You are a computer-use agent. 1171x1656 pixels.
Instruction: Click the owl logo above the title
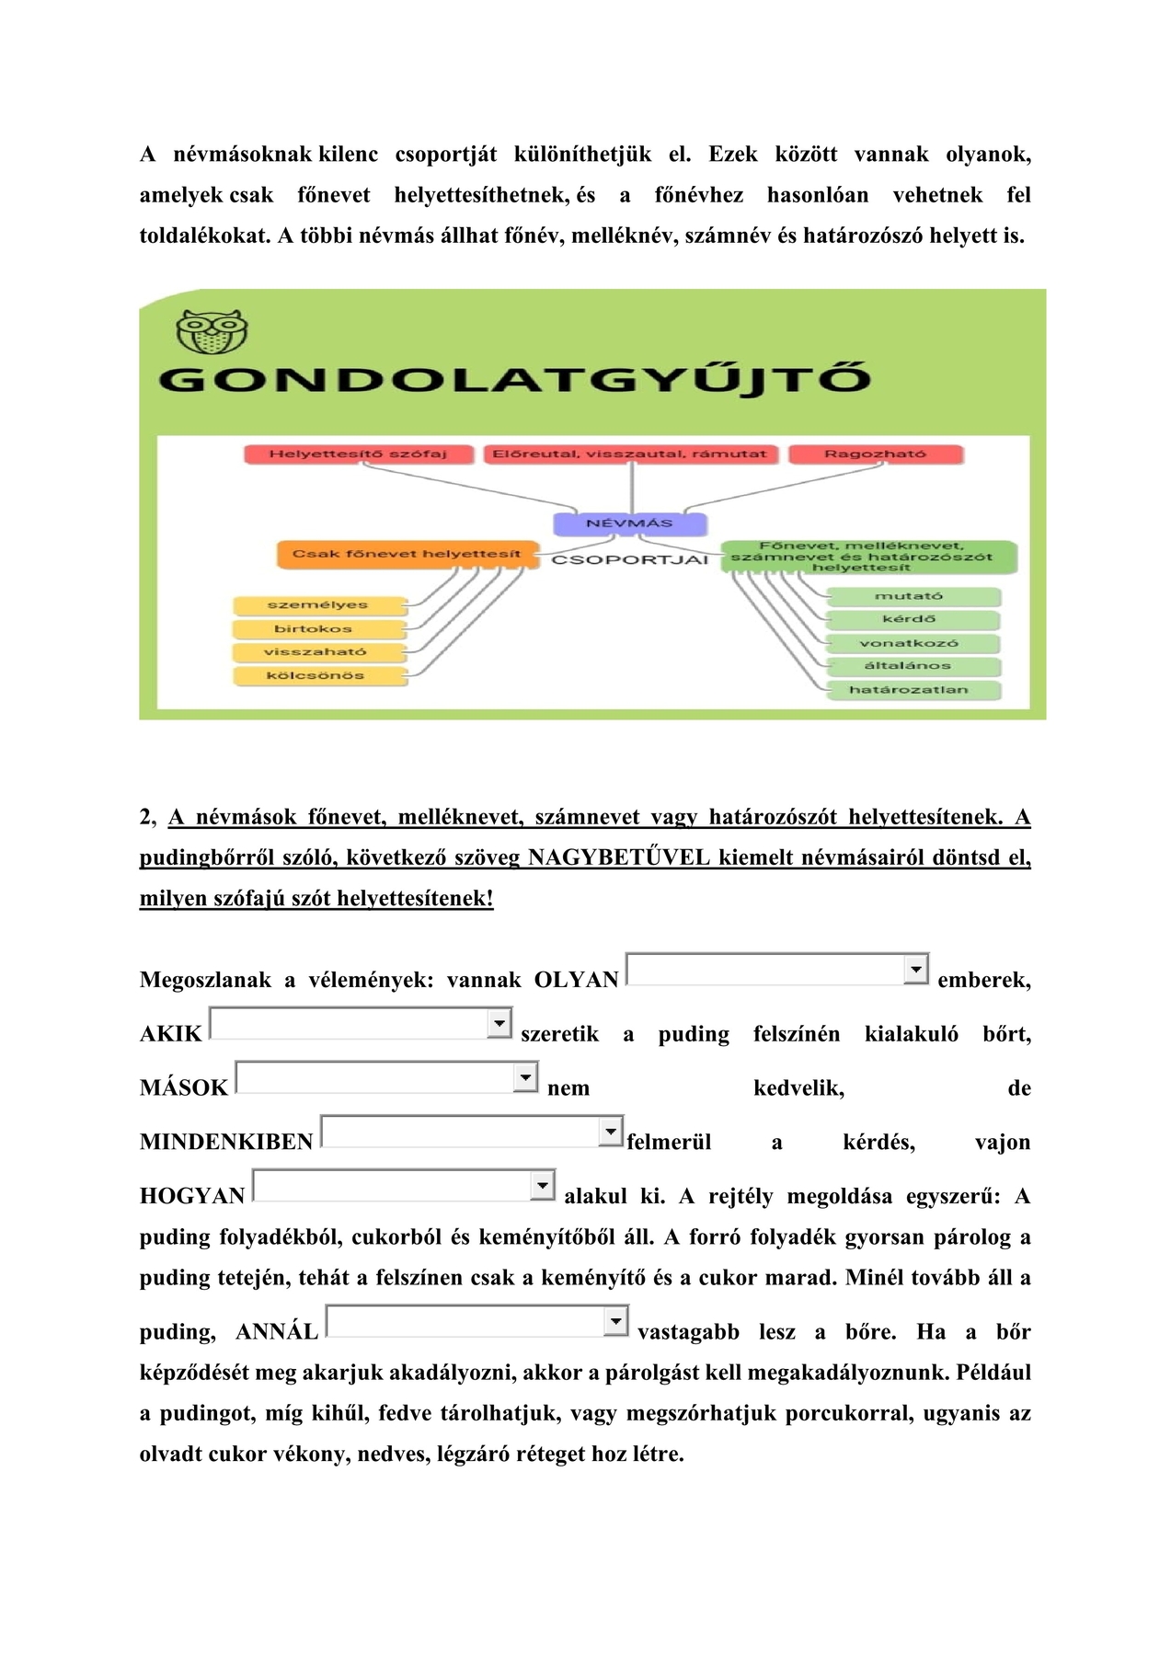[x=213, y=331]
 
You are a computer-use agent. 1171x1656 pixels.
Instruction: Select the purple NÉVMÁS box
[x=630, y=523]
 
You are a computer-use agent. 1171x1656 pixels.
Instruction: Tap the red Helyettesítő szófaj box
[x=358, y=454]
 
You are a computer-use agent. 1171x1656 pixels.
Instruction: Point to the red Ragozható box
[x=875, y=454]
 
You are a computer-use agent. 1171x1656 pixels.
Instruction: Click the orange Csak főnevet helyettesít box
[x=407, y=554]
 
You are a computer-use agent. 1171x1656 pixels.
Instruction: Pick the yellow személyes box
[x=317, y=605]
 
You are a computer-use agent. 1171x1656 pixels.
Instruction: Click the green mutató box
[x=908, y=596]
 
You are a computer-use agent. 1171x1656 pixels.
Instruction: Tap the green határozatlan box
[x=908, y=690]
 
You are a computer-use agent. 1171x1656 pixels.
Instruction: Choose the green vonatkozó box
[x=908, y=643]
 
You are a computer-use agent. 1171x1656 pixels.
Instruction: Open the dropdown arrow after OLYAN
[x=916, y=969]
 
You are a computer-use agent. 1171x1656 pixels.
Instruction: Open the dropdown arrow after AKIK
[x=499, y=1023]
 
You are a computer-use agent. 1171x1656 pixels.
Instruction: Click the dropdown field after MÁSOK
[x=386, y=1077]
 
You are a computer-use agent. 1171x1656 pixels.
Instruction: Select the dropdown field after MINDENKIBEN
[x=472, y=1132]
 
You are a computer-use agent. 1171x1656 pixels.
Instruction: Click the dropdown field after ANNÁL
[x=477, y=1321]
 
